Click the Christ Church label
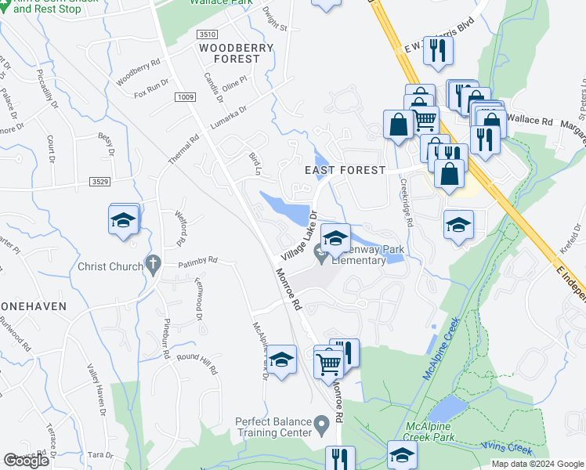[x=110, y=266]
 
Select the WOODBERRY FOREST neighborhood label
[x=236, y=53]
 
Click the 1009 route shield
[x=185, y=97]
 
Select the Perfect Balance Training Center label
[x=273, y=427]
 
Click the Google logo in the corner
[x=26, y=461]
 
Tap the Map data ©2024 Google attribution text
[x=537, y=464]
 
